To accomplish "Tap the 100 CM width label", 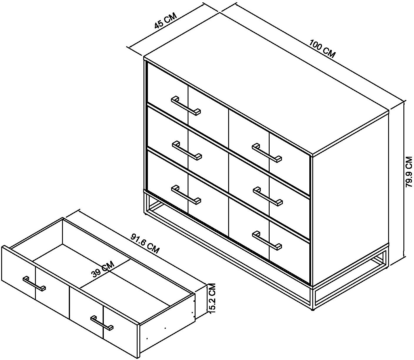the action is [322, 49].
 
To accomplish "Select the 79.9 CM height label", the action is [408, 174].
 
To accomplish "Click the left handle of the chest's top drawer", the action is [186, 106].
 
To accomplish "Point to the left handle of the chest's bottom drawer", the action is [186, 195].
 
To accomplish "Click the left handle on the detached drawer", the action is [34, 284].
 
